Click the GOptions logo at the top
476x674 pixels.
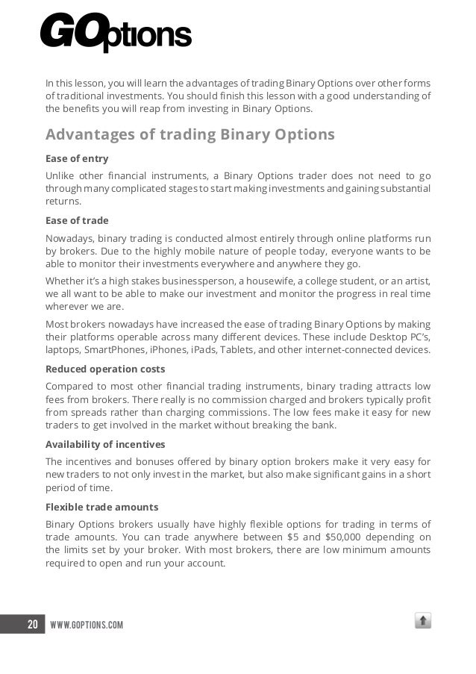click(116, 34)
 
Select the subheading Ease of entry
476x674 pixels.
click(77, 158)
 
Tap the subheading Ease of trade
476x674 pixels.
click(77, 220)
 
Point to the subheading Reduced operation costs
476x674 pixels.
click(105, 369)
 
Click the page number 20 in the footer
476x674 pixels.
click(32, 623)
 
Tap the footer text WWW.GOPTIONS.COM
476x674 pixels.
click(86, 624)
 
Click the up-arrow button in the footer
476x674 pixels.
click(423, 620)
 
